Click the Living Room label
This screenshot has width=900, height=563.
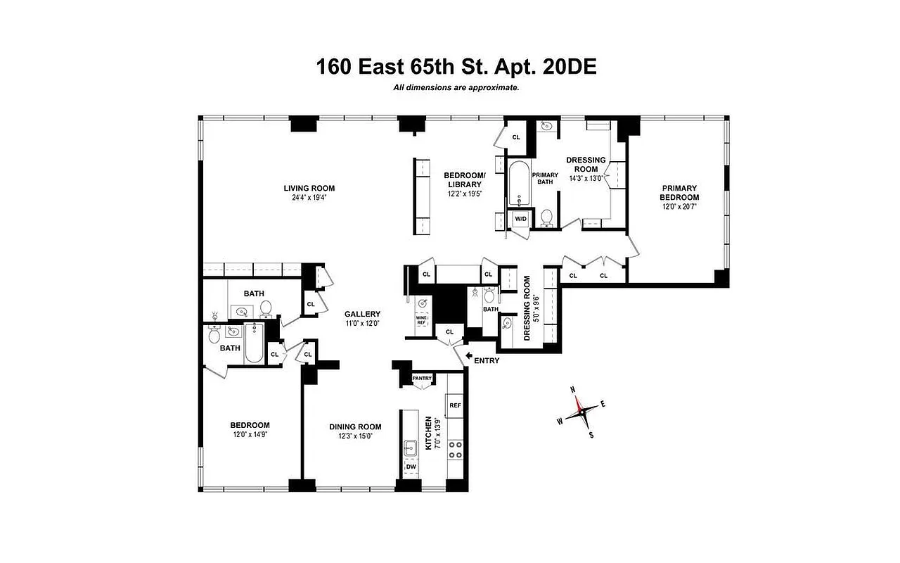click(309, 188)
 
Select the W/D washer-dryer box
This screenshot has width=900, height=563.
click(521, 219)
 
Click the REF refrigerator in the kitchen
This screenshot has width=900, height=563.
click(455, 405)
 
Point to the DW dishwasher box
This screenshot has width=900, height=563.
click(410, 467)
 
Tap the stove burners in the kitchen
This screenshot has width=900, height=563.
click(455, 449)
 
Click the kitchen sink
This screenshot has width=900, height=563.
click(411, 446)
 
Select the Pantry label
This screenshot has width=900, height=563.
click(422, 379)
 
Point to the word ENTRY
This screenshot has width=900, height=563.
click(487, 361)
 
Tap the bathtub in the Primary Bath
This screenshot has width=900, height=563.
click(518, 184)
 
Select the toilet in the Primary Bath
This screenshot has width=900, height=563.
click(546, 217)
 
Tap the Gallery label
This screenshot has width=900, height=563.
click(362, 314)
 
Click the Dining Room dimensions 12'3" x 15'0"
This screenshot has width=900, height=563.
click(356, 436)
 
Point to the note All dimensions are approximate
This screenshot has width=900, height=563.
click(456, 88)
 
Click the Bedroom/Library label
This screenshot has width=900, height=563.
click(464, 179)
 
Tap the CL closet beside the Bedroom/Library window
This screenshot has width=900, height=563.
click(515, 137)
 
